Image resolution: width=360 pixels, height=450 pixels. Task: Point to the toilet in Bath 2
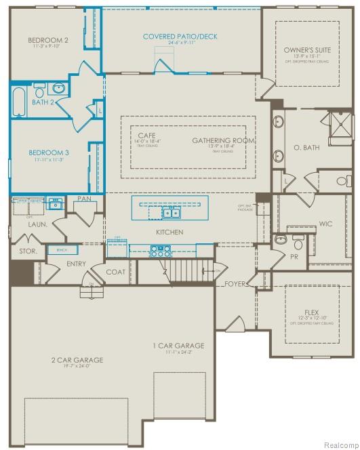[40, 91]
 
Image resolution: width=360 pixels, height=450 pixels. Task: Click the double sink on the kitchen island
[170, 213]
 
